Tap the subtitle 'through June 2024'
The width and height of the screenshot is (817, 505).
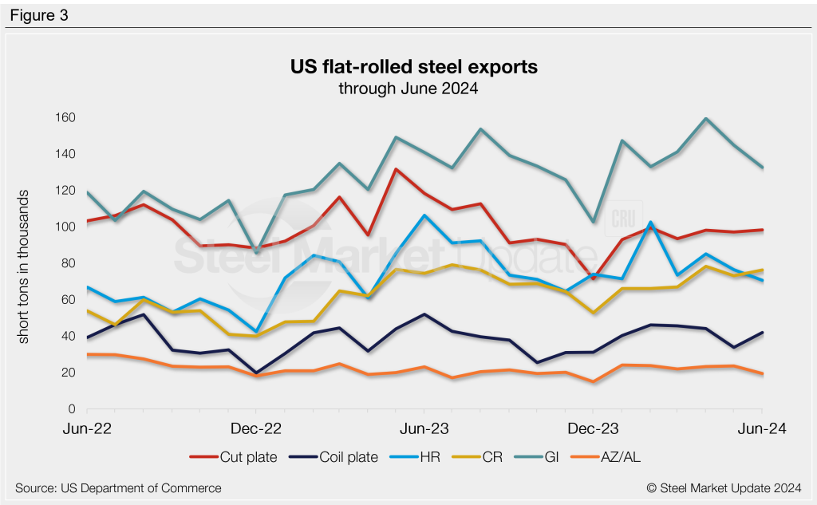(408, 89)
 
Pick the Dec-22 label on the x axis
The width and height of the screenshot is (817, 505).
(255, 429)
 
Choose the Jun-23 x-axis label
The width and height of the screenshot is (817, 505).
(424, 429)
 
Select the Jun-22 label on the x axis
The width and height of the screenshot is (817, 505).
(87, 429)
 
